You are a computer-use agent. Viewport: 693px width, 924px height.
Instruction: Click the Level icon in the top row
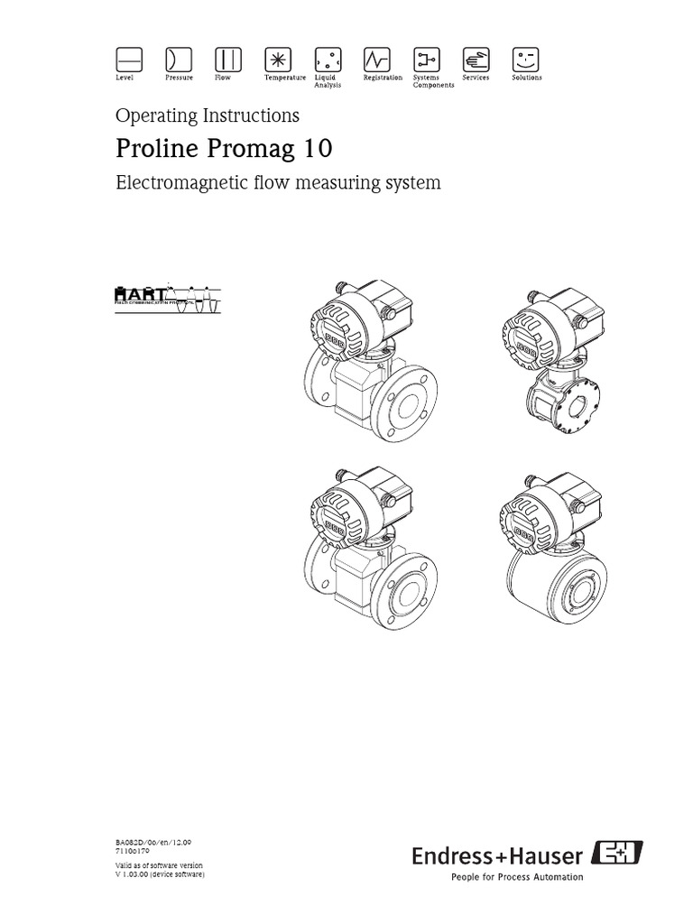point(129,60)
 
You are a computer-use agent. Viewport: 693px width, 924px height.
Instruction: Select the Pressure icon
point(178,60)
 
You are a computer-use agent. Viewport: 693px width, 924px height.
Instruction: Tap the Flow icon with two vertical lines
point(227,60)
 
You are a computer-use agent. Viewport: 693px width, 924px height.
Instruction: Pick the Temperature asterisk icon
point(277,60)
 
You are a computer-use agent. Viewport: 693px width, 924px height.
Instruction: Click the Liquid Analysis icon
point(326,60)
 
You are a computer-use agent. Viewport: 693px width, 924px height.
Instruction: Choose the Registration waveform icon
point(375,60)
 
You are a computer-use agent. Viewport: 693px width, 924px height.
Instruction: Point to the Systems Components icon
point(425,60)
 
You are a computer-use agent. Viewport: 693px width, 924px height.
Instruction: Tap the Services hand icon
point(475,60)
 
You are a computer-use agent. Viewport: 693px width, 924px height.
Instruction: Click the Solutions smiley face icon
point(524,60)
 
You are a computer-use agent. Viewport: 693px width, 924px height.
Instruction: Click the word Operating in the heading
point(150,115)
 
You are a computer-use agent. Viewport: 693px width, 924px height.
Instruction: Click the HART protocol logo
point(167,298)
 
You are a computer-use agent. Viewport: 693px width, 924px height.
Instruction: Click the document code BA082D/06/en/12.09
point(153,842)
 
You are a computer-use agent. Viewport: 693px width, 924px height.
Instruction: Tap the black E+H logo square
point(617,854)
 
